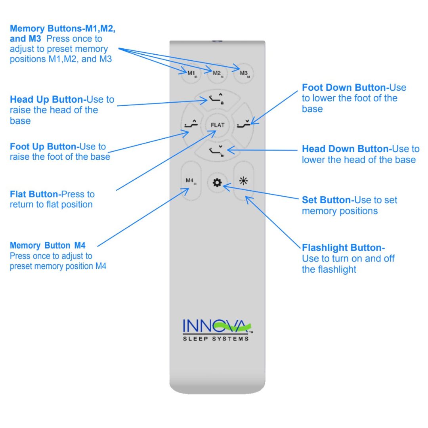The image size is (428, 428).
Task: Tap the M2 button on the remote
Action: pyautogui.click(x=217, y=74)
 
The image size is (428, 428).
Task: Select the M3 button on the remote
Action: pyautogui.click(x=243, y=74)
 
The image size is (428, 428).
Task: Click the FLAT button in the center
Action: pyautogui.click(x=217, y=125)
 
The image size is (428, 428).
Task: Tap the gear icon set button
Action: pyautogui.click(x=217, y=183)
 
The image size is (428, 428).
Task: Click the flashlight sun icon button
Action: pyautogui.click(x=243, y=182)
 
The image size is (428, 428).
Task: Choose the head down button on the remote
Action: pyautogui.click(x=217, y=151)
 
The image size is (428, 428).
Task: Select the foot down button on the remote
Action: pyautogui.click(x=243, y=125)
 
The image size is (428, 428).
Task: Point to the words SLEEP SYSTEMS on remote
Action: pyautogui.click(x=216, y=338)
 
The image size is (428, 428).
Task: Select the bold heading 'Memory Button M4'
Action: pyautogui.click(x=48, y=245)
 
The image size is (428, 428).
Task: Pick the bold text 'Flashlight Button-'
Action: pyautogui.click(x=343, y=248)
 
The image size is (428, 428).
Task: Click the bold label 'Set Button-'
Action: pyautogui.click(x=328, y=200)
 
